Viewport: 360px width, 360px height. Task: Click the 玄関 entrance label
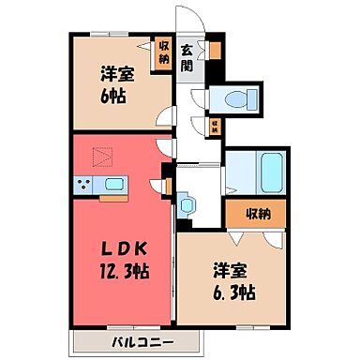coord(187,58)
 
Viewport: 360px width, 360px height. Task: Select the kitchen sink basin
coord(115,184)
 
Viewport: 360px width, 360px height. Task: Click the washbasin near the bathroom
coord(185,202)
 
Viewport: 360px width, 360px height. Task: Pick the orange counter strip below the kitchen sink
coord(113,198)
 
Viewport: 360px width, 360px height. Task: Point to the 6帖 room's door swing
coord(165,118)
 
